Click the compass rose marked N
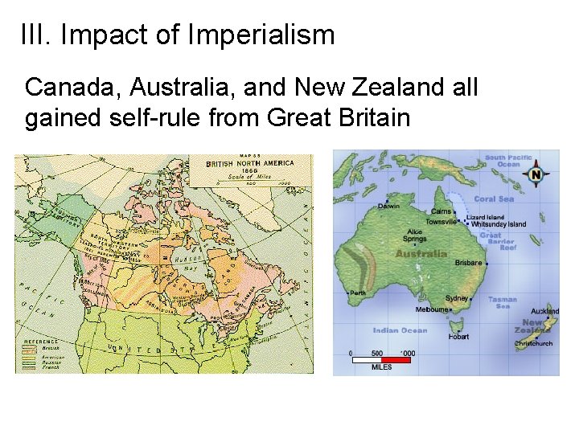click(x=536, y=174)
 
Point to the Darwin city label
click(x=390, y=206)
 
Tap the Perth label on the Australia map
click(x=357, y=293)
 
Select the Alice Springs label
click(x=414, y=235)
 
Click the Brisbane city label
click(x=468, y=263)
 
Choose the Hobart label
click(x=458, y=338)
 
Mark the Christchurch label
click(x=533, y=344)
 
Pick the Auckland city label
click(x=545, y=311)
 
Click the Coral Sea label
click(x=494, y=199)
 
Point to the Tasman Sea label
click(x=503, y=302)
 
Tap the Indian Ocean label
click(x=400, y=330)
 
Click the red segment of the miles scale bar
click(x=395, y=360)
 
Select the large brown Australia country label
click(x=421, y=254)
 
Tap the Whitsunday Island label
click(x=499, y=224)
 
